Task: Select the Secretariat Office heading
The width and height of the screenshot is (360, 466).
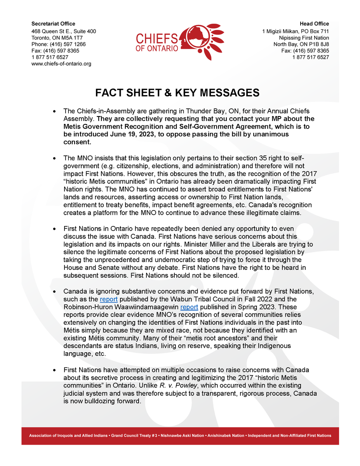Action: click(x=53, y=24)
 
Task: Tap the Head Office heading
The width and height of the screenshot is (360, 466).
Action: click(x=314, y=24)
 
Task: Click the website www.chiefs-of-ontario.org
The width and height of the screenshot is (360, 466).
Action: click(x=61, y=64)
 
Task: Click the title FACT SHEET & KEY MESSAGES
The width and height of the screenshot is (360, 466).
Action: click(x=177, y=93)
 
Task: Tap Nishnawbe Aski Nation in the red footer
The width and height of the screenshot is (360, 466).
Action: click(x=182, y=436)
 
